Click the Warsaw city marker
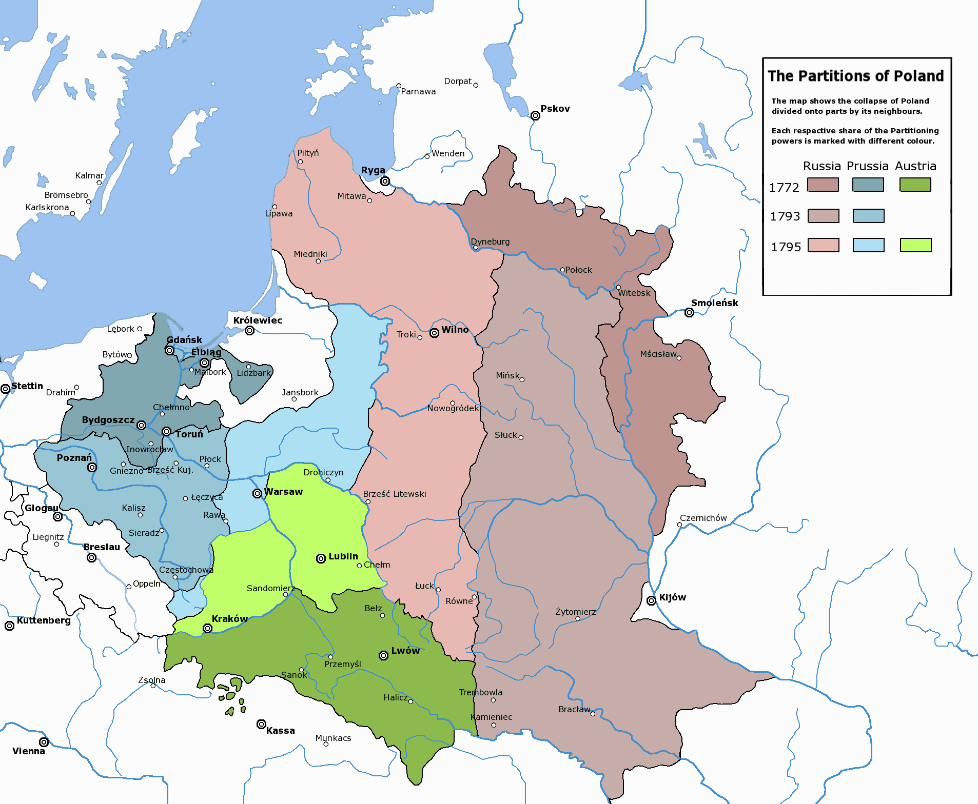pyautogui.click(x=257, y=493)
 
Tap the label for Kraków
pyautogui.click(x=229, y=618)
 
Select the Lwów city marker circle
pyautogui.click(x=383, y=656)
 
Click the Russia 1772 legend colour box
pyautogui.click(x=823, y=185)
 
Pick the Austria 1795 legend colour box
pyautogui.click(x=915, y=245)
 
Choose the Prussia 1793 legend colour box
pyautogui.click(x=868, y=216)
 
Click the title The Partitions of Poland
pyautogui.click(x=855, y=76)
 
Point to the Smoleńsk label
pyautogui.click(x=714, y=303)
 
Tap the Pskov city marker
pyautogui.click(x=535, y=115)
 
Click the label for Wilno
pyautogui.click(x=455, y=329)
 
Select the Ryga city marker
pyautogui.click(x=385, y=181)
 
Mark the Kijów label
pyautogui.click(x=672, y=597)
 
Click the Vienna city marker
pyautogui.click(x=44, y=742)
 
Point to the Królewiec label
pyautogui.click(x=258, y=320)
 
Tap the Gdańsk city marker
pyautogui.click(x=170, y=350)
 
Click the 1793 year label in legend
pyautogui.click(x=785, y=216)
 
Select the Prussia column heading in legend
pyautogui.click(x=867, y=166)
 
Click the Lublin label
pyautogui.click(x=343, y=556)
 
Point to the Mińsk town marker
pyautogui.click(x=522, y=379)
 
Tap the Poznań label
pyautogui.click(x=74, y=457)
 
